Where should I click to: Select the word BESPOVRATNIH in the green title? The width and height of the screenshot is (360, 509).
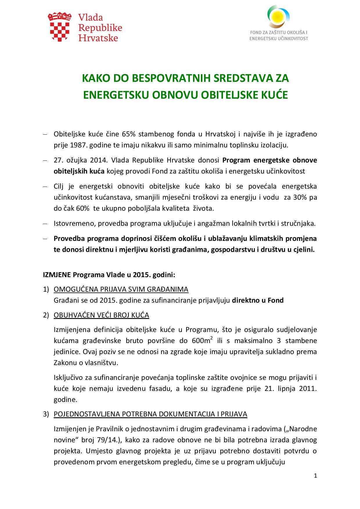(x=172, y=79)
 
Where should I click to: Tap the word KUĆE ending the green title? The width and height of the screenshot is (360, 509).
(x=276, y=95)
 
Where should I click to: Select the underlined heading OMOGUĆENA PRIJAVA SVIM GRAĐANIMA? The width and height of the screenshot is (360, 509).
(x=121, y=289)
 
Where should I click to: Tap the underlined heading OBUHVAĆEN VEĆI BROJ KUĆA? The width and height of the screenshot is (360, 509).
(x=101, y=315)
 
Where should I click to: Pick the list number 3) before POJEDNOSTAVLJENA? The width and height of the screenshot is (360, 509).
(x=46, y=414)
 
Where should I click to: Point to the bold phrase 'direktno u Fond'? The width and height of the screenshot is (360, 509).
(x=258, y=300)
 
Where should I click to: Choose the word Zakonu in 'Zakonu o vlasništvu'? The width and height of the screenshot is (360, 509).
(x=64, y=363)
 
